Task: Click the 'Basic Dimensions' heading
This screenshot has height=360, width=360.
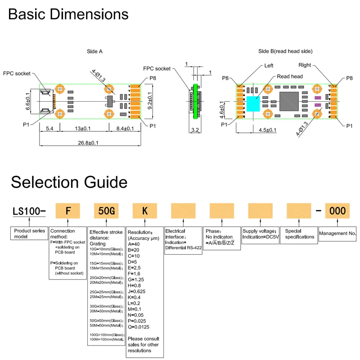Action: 68,14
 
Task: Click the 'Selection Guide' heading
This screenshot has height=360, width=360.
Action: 69,182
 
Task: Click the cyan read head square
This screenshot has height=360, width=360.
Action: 253,103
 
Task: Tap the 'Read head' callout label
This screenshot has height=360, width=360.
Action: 290,77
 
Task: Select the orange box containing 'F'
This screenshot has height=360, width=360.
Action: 67,211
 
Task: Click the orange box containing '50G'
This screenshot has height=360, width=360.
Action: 106,211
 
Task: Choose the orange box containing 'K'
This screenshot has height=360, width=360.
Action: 145,211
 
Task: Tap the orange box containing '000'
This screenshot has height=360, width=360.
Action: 337,211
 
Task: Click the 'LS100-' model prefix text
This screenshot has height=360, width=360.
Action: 29,211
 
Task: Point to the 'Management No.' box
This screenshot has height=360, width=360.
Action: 337,234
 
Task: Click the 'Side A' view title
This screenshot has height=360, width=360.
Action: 94,51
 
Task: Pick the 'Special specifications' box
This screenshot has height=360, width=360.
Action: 299,234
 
